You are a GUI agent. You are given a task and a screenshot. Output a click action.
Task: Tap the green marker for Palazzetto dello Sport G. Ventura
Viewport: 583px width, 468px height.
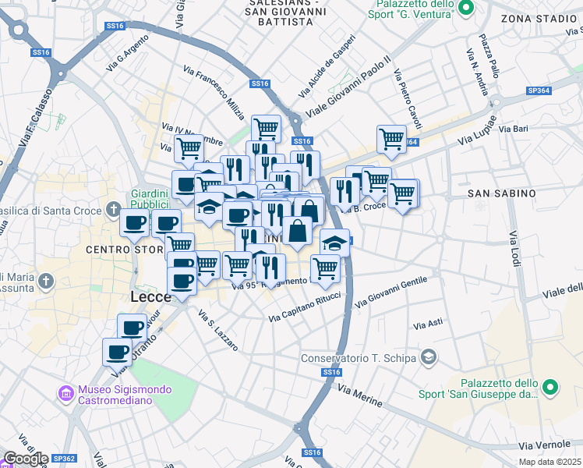[x=466, y=9]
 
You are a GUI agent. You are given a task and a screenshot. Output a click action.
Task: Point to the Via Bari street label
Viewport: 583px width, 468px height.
[x=514, y=128]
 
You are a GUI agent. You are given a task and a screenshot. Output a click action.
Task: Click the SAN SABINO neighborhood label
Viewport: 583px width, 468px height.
[x=501, y=193]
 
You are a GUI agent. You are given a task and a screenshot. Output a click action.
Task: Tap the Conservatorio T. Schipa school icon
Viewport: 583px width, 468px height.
[x=428, y=357]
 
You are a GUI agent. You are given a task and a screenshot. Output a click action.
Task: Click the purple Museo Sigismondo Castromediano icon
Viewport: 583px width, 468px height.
[x=66, y=395]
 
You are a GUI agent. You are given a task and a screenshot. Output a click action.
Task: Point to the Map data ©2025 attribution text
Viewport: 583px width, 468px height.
[x=549, y=462]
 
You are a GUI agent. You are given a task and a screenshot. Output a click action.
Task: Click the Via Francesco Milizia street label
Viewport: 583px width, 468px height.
[x=214, y=87]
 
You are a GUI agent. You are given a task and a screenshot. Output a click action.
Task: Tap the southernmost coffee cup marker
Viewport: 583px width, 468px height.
[x=118, y=353]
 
